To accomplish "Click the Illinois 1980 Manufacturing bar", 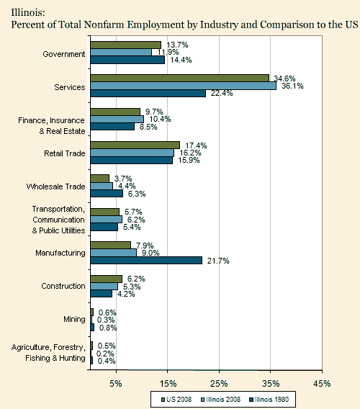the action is (146, 261).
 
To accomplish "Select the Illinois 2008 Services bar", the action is (184, 86).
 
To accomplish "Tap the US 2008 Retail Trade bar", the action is (135, 145).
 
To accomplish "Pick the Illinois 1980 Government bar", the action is (127, 60).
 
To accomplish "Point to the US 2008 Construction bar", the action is (106, 279).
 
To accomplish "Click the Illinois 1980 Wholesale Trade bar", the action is (107, 194).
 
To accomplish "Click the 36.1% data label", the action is (292, 86).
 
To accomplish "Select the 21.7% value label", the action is (218, 261).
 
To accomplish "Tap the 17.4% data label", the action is (196, 145).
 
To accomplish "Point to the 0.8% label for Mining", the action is (108, 328).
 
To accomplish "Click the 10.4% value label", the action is (160, 120).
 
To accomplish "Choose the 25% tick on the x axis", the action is (219, 384).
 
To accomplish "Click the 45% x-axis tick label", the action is (322, 384).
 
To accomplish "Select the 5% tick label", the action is (116, 384).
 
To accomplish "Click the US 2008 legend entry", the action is (176, 400).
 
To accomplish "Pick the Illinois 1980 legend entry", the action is (269, 400).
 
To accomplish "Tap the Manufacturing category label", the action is (60, 253).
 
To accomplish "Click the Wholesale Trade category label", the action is (56, 186).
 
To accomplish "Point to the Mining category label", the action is (74, 319).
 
